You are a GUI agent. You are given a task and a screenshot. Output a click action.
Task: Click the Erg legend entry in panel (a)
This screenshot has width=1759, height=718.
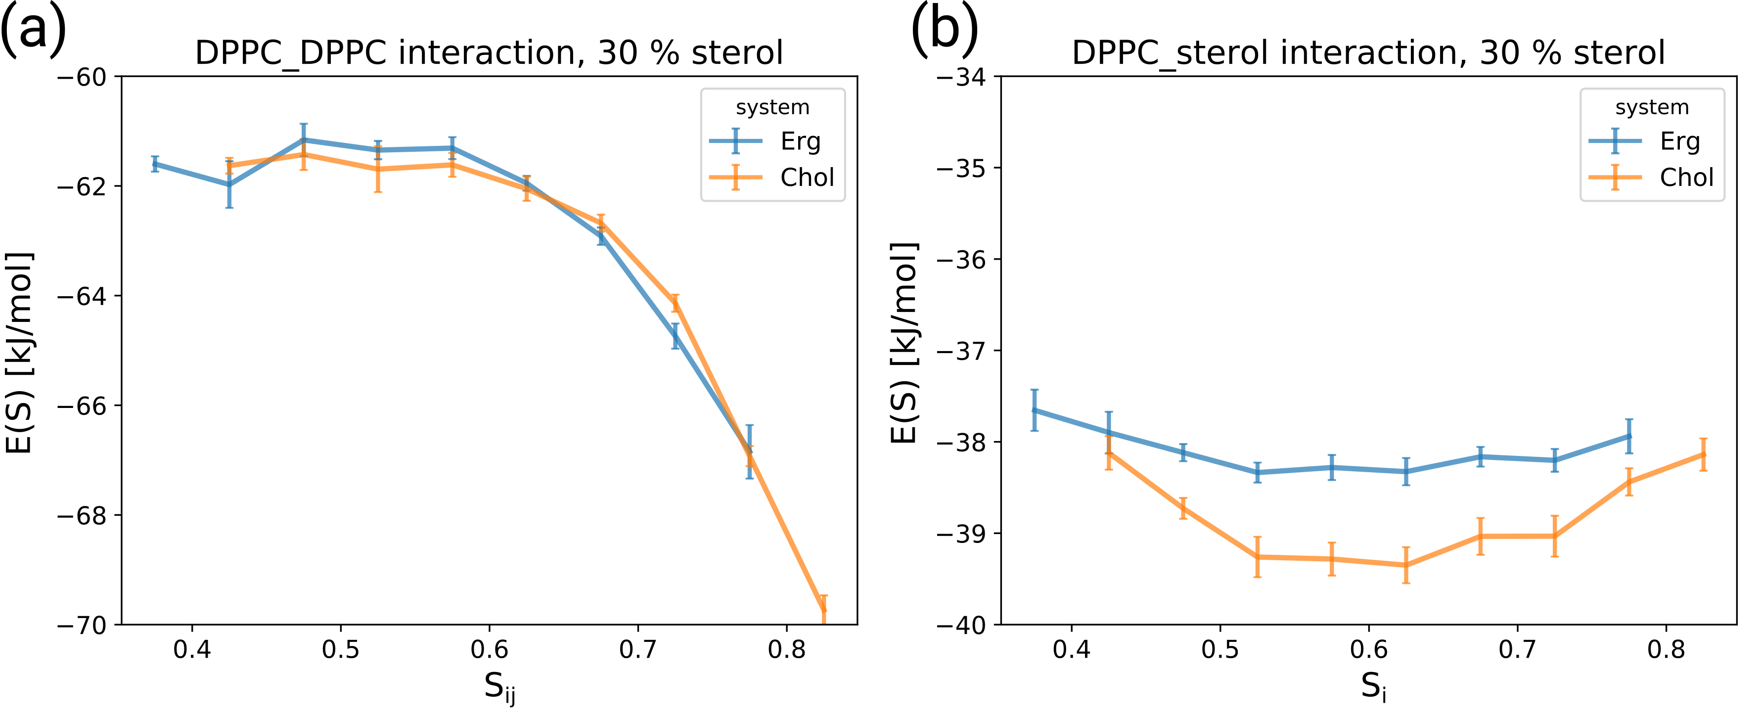(x=800, y=141)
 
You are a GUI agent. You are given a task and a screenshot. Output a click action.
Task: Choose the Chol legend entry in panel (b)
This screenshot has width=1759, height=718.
(x=1686, y=178)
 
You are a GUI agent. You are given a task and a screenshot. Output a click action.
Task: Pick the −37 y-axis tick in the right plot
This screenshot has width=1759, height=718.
(x=961, y=351)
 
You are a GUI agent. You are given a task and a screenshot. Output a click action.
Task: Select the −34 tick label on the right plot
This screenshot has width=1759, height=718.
(x=961, y=77)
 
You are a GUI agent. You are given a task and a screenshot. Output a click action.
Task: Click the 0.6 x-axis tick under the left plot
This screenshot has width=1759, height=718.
(x=489, y=650)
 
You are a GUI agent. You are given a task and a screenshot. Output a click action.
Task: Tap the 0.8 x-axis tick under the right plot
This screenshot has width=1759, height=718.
(x=1666, y=650)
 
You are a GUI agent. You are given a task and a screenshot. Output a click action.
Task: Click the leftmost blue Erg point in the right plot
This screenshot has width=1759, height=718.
(x=1035, y=410)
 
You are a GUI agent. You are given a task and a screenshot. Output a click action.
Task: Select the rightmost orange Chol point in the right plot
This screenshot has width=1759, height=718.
(x=1703, y=454)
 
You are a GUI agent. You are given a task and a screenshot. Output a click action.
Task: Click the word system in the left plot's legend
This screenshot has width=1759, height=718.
(x=772, y=108)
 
